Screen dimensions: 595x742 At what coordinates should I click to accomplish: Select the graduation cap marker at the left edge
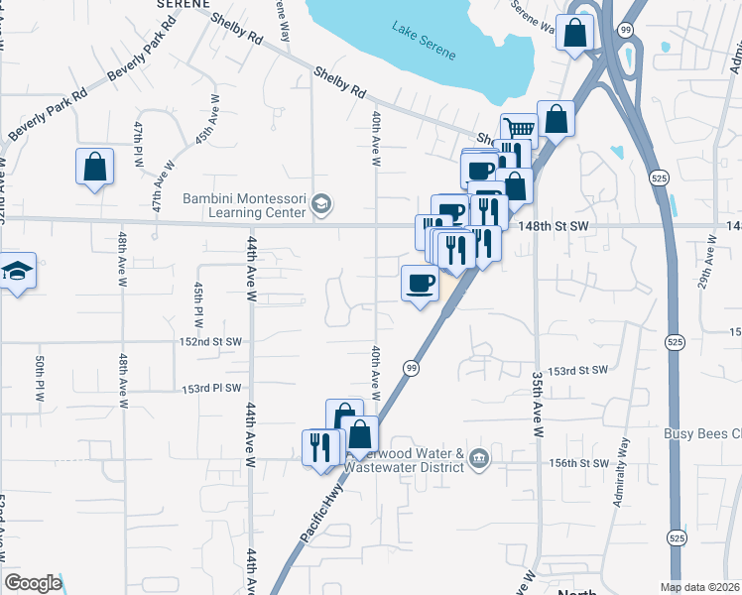17,272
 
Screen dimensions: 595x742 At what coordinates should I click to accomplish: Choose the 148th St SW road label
554,227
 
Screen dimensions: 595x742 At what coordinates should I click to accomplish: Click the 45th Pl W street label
198,304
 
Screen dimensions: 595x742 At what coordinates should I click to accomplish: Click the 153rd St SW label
578,370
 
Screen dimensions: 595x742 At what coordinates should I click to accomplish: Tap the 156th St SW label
580,463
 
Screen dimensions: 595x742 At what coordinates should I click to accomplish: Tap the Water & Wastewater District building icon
479,457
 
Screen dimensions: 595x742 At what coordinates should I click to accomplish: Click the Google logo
33,583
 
